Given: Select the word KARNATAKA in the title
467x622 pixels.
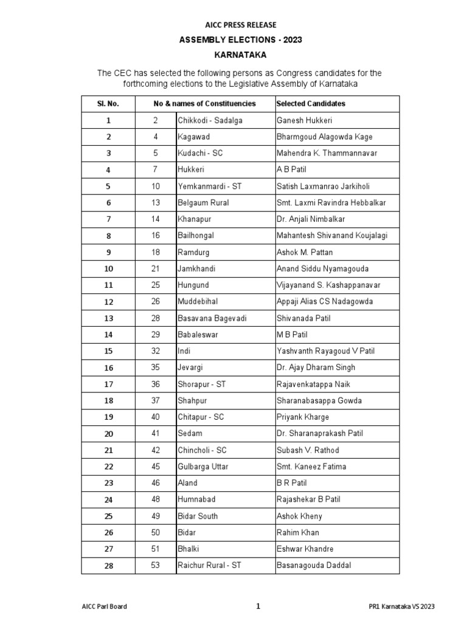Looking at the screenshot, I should pyautogui.click(x=240, y=54).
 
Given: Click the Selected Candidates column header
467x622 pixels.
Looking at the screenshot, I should pyautogui.click(x=311, y=104).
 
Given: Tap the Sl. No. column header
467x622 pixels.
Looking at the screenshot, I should pyautogui.click(x=108, y=104).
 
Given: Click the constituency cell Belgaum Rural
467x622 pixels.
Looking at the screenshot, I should pyautogui.click(x=203, y=203).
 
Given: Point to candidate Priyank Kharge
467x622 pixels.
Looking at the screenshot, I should pyautogui.click(x=303, y=417).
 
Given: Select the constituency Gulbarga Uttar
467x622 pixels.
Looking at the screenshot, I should pyautogui.click(x=203, y=466).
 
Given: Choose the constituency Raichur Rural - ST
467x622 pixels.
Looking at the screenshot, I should pyautogui.click(x=209, y=566).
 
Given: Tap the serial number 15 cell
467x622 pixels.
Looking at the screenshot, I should pyautogui.click(x=108, y=351).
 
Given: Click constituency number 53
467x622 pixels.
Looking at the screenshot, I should pyautogui.click(x=156, y=566).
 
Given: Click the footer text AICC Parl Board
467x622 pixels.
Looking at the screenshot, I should pyautogui.click(x=104, y=606).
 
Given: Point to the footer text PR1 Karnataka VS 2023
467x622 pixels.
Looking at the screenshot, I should pyautogui.click(x=401, y=606).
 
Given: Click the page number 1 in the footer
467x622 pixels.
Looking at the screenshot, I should pyautogui.click(x=258, y=606).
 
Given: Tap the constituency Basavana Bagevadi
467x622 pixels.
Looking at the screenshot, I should pyautogui.click(x=212, y=318).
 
